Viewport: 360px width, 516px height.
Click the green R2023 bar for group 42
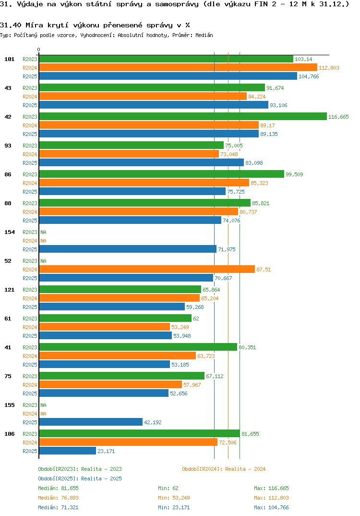pos(182,117)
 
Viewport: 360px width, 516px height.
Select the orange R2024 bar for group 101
pos(178,68)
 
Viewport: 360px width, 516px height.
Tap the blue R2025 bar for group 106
pos(68,451)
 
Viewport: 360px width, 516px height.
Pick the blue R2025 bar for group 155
pos(91,422)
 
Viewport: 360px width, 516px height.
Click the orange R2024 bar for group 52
pos(147,270)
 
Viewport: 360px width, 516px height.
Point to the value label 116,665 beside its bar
pos(338,117)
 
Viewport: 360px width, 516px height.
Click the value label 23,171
pos(106,451)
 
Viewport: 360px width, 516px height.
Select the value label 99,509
pos(294,174)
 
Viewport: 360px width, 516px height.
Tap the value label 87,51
pos(264,270)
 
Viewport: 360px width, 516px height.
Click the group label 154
pos(10,232)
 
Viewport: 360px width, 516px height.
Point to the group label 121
pos(10,290)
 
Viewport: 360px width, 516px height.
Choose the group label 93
pos(8,146)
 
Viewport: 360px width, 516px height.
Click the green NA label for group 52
pos(43,261)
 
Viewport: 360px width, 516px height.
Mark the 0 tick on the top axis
pos(39,49)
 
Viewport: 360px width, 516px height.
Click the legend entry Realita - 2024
pos(224,469)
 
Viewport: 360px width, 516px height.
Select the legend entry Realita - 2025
pos(80,479)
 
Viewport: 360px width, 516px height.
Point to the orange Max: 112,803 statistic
pos(271,498)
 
